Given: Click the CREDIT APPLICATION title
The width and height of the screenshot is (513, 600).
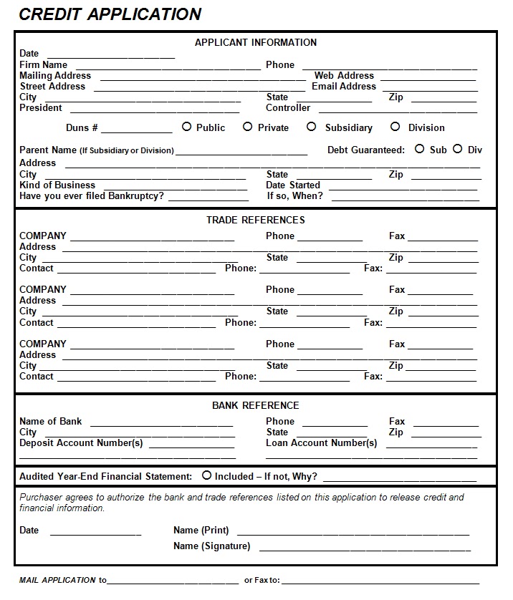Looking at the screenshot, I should (110, 14).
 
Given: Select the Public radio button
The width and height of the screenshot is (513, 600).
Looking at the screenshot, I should (187, 127).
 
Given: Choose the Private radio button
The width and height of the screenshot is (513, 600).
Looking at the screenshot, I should (247, 127).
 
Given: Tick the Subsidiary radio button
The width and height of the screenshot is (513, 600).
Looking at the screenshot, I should (311, 127).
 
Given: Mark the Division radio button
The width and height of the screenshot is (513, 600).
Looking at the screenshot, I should (395, 127).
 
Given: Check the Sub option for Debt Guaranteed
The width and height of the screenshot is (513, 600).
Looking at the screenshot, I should (419, 149).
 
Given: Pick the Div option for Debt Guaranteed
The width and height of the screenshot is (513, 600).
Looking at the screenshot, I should (457, 149).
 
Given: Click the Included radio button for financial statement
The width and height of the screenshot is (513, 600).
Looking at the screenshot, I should (206, 475).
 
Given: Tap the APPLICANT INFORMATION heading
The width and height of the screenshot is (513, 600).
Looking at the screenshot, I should (256, 42).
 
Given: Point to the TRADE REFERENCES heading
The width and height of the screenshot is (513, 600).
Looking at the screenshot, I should (256, 220).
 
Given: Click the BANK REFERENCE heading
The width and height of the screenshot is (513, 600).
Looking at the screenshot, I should (256, 405).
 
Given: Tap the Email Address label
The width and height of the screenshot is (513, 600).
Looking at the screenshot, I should (344, 87).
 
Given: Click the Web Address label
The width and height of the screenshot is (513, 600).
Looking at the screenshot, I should (344, 75).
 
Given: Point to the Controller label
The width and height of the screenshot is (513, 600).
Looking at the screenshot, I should (288, 108).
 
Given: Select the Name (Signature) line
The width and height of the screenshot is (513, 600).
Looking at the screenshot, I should (365, 549).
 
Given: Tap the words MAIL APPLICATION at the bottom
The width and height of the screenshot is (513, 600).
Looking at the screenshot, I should (57, 580).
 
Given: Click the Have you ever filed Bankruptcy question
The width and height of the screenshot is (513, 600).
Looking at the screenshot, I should (92, 195).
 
